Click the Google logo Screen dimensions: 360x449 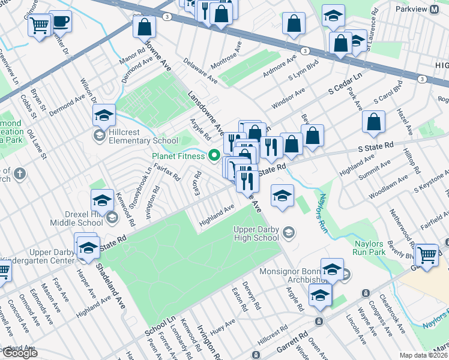tap(20, 353)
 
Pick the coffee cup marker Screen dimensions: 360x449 tap(60, 23)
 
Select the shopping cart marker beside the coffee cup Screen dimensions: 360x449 tap(39, 26)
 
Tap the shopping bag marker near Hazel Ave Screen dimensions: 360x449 tap(373, 122)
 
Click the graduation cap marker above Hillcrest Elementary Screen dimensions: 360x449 tap(104, 115)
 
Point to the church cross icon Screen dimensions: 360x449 tap(20, 175)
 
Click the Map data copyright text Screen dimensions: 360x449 tap(424, 355)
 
